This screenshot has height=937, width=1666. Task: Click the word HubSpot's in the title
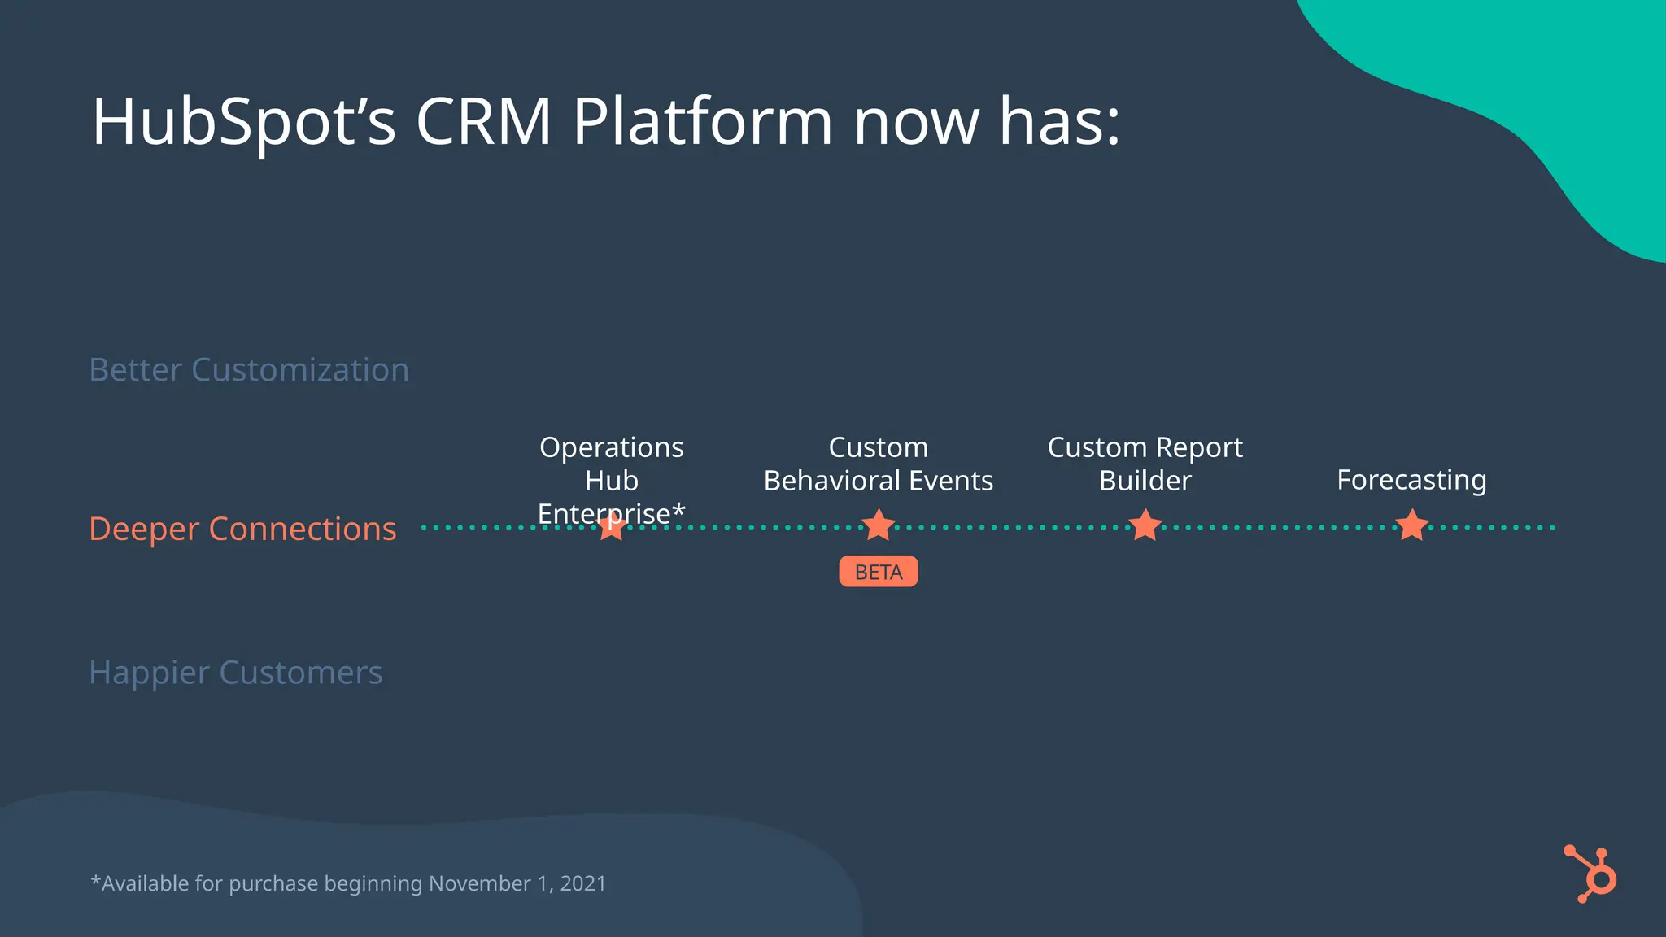[x=243, y=122]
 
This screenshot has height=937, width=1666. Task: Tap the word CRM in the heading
[x=484, y=122]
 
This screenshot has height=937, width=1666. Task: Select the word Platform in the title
[x=702, y=122]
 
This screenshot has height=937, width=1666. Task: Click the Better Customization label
[x=249, y=370]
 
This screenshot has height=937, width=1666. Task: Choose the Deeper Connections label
[x=242, y=529]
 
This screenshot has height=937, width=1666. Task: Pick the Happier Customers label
[x=236, y=673]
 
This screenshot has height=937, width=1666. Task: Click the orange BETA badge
[x=879, y=572]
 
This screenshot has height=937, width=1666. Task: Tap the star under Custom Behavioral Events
[x=879, y=526]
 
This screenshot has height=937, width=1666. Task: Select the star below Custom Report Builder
[x=1145, y=526]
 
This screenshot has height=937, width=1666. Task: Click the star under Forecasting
[x=1412, y=526]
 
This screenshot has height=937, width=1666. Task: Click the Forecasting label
[x=1411, y=480]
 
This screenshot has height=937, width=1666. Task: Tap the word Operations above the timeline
[x=612, y=447]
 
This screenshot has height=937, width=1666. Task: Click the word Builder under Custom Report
[x=1145, y=481]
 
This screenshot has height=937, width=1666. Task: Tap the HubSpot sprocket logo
[x=1592, y=874]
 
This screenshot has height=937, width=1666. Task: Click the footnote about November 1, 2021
[x=348, y=883]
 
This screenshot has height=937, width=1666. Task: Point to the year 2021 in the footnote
[x=583, y=883]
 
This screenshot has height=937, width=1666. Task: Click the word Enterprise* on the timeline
[x=612, y=513]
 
